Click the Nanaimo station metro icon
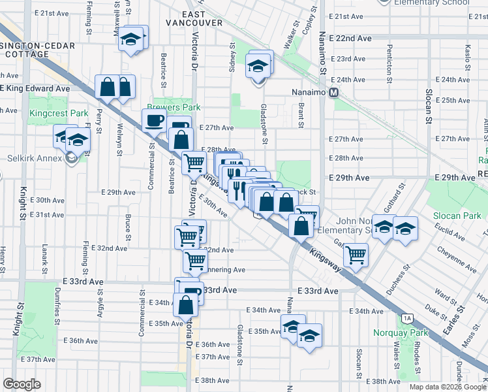(333, 93)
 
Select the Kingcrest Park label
(59, 114)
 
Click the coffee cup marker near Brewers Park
(154, 120)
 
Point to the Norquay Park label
(401, 333)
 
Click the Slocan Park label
(459, 216)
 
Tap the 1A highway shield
(408, 318)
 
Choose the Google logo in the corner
(22, 384)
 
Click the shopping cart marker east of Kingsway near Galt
(356, 254)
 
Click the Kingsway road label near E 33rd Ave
(326, 255)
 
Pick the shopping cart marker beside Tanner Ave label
(195, 261)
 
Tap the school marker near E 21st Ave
(131, 40)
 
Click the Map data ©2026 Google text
(448, 387)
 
